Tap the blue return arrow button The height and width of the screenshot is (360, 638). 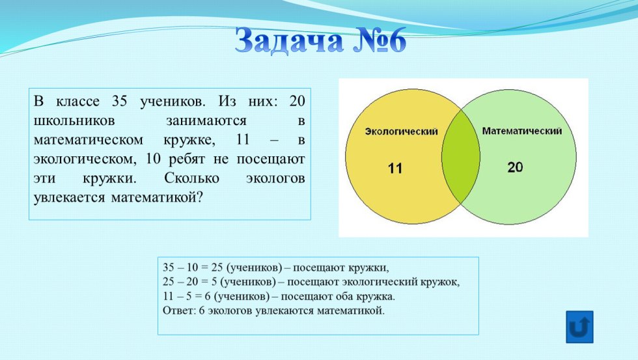(x=579, y=327)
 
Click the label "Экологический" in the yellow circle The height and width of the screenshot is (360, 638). (x=401, y=132)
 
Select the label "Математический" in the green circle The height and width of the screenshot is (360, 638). (x=521, y=131)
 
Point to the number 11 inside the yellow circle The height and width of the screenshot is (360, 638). (x=395, y=168)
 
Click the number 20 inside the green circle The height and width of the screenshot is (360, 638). (x=515, y=167)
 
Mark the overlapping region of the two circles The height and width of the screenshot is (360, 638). (x=461, y=157)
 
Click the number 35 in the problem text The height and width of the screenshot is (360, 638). (x=120, y=101)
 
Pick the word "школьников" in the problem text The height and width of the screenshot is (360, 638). (x=74, y=121)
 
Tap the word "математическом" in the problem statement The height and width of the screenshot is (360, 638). (x=89, y=140)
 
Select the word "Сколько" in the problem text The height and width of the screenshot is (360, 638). (x=191, y=178)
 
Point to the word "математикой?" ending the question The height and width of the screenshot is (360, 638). (x=157, y=198)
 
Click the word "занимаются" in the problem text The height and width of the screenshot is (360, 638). (x=206, y=121)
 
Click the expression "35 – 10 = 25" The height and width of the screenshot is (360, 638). (x=193, y=268)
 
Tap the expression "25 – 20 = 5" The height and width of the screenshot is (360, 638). (x=190, y=282)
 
